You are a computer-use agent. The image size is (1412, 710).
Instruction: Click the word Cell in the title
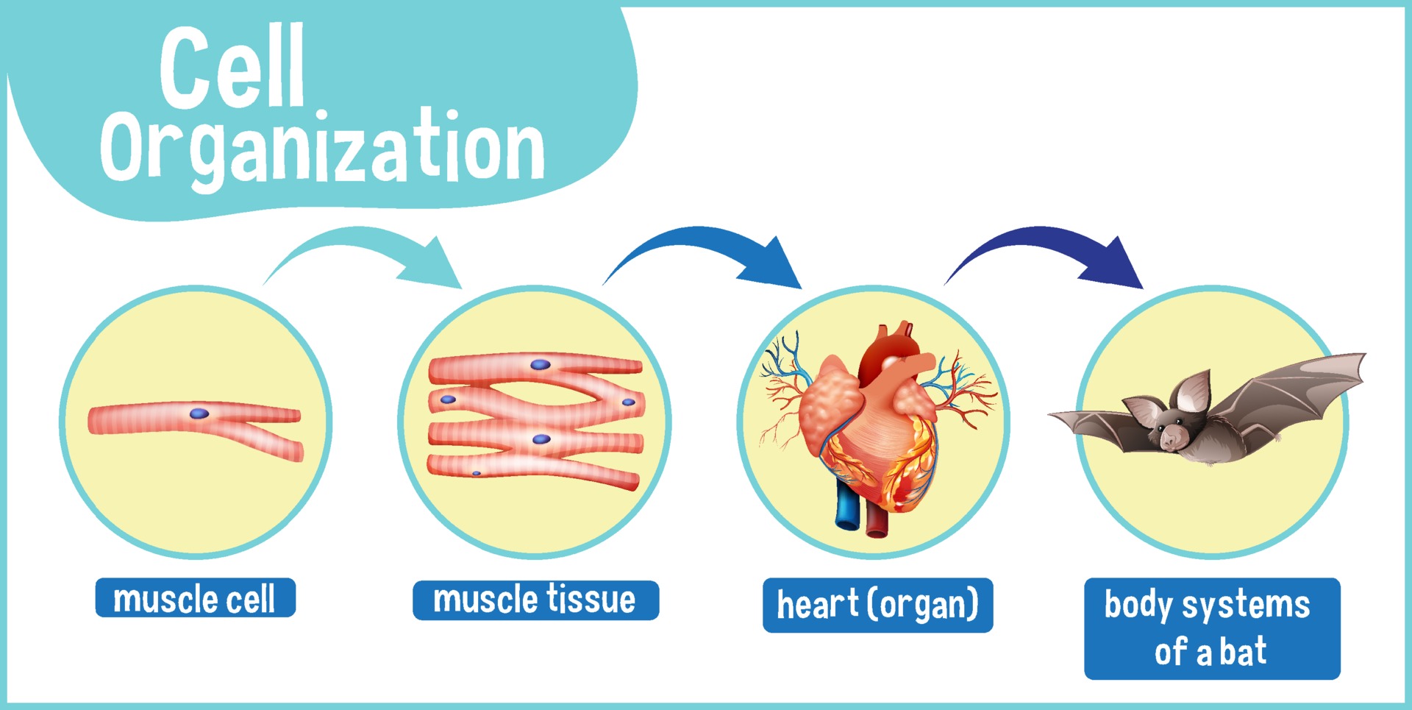232,68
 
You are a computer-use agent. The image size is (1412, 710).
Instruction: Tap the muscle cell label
195,598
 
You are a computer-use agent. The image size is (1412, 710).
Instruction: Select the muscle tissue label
535,600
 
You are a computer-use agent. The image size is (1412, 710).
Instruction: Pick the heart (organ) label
877,605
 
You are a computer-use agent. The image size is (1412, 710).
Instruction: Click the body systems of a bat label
1212,628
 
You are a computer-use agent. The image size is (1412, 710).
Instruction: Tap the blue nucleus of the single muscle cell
199,413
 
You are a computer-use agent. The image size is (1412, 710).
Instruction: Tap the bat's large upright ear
1191,392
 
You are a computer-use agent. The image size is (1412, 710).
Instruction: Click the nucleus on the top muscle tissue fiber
541,364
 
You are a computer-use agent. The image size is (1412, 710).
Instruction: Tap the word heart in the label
818,604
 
